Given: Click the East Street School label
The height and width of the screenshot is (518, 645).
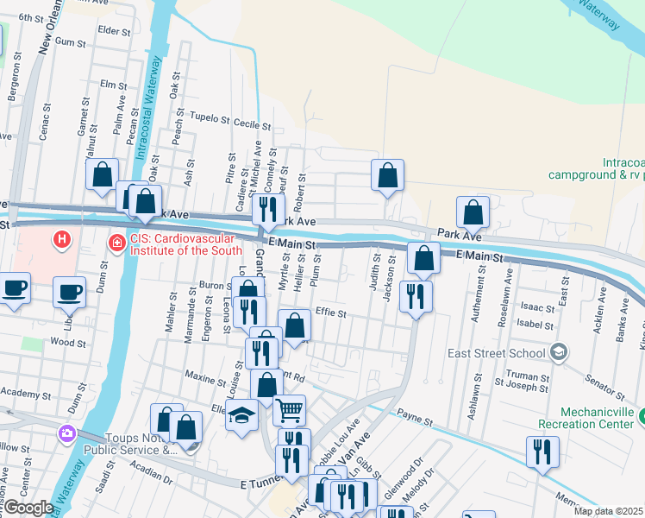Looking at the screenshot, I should click(x=496, y=352).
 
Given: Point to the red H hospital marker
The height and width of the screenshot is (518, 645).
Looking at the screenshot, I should click(x=61, y=239).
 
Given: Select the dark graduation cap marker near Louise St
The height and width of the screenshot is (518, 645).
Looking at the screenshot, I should click(x=242, y=415).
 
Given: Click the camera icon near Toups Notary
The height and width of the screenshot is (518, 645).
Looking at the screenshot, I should click(x=66, y=433).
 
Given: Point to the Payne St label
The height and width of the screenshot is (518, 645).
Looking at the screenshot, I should click(x=415, y=419).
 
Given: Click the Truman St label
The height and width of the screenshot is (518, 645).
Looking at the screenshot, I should click(x=533, y=377).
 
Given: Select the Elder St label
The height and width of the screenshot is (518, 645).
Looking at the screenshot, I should click(x=114, y=31).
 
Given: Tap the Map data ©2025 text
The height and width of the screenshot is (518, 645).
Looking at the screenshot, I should click(x=608, y=511).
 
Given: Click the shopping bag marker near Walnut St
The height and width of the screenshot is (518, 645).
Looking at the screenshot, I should click(x=103, y=174).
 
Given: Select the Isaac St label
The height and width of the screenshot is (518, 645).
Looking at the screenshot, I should click(x=538, y=307).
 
